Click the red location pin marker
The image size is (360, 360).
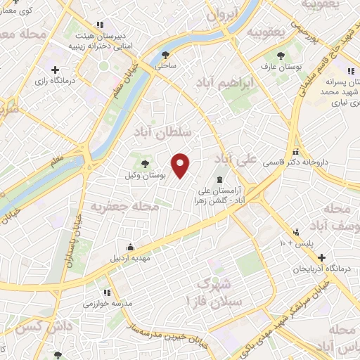point(181,165)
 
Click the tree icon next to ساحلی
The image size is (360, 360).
point(166,54)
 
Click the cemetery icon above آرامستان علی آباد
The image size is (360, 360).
point(219,179)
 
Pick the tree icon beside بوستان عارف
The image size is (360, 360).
point(281,55)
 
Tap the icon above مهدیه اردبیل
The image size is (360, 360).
point(130,247)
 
